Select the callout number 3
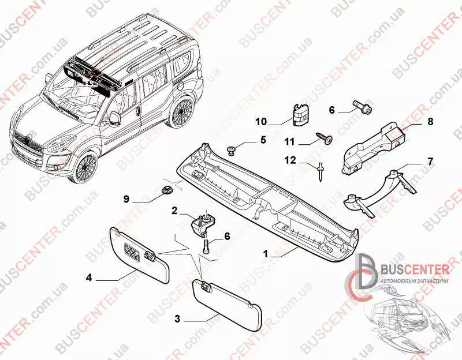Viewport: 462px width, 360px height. [x=177, y=318]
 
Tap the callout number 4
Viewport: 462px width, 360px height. [x=89, y=277]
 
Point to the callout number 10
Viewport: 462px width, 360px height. [x=261, y=122]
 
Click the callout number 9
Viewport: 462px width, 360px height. [x=126, y=200]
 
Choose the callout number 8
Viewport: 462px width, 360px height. [x=430, y=122]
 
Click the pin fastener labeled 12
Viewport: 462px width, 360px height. [x=319, y=171]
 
